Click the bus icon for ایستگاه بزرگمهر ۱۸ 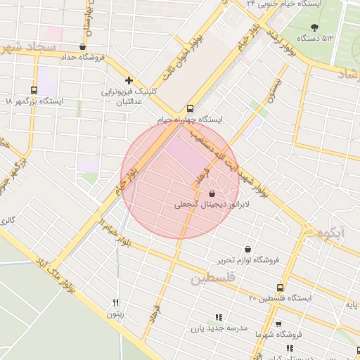click(x=34, y=90)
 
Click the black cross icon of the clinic click(x=129, y=81)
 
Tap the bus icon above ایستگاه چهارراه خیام click(x=191, y=109)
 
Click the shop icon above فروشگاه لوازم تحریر click(x=247, y=249)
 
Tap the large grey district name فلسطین click(x=210, y=279)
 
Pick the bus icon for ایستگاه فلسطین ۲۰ click(x=281, y=288)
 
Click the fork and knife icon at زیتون click(x=115, y=303)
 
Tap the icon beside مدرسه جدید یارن click(x=217, y=317)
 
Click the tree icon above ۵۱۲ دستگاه click(x=313, y=27)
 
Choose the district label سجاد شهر click(x=28, y=49)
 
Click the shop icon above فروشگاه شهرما click(x=279, y=324)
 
